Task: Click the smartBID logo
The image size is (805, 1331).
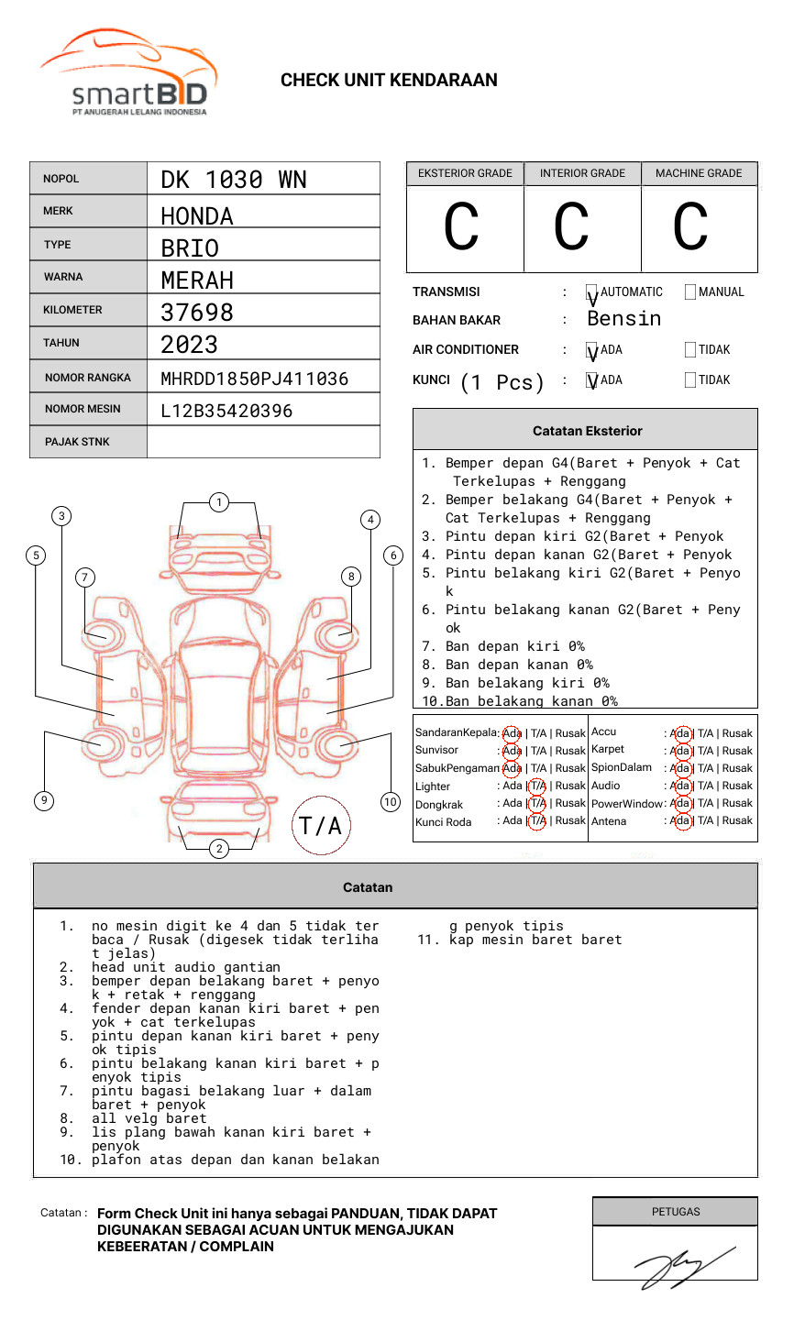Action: pyautogui.click(x=128, y=73)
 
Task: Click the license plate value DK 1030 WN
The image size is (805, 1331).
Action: pyautogui.click(x=234, y=180)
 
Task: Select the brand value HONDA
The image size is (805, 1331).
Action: pyautogui.click(x=197, y=216)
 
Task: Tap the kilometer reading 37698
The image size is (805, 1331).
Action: pyautogui.click(x=197, y=313)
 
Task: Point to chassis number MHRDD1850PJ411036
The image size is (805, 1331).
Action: pyautogui.click(x=254, y=379)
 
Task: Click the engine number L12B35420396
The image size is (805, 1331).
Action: pyautogui.click(x=226, y=411)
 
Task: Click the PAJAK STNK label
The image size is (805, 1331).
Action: pyautogui.click(x=77, y=442)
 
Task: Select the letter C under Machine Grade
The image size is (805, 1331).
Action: pyautogui.click(x=690, y=227)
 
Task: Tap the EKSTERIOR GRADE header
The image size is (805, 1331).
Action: pyautogui.click(x=465, y=173)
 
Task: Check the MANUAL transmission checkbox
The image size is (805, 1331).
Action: pyautogui.click(x=690, y=292)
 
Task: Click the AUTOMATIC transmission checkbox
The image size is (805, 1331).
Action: pyautogui.click(x=592, y=292)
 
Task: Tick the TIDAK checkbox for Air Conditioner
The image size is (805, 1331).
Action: pyautogui.click(x=690, y=350)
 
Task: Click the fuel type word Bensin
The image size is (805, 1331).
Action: pyautogui.click(x=623, y=319)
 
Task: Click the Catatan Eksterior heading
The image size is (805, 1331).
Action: pyautogui.click(x=587, y=431)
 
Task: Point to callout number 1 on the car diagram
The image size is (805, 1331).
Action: pyautogui.click(x=218, y=502)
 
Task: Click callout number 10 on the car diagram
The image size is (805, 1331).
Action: pyautogui.click(x=391, y=802)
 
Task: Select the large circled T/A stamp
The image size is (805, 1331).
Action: pyautogui.click(x=321, y=826)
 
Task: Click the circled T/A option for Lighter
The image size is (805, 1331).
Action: pyautogui.click(x=537, y=786)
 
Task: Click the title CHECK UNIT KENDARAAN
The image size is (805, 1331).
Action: pyautogui.click(x=389, y=81)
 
